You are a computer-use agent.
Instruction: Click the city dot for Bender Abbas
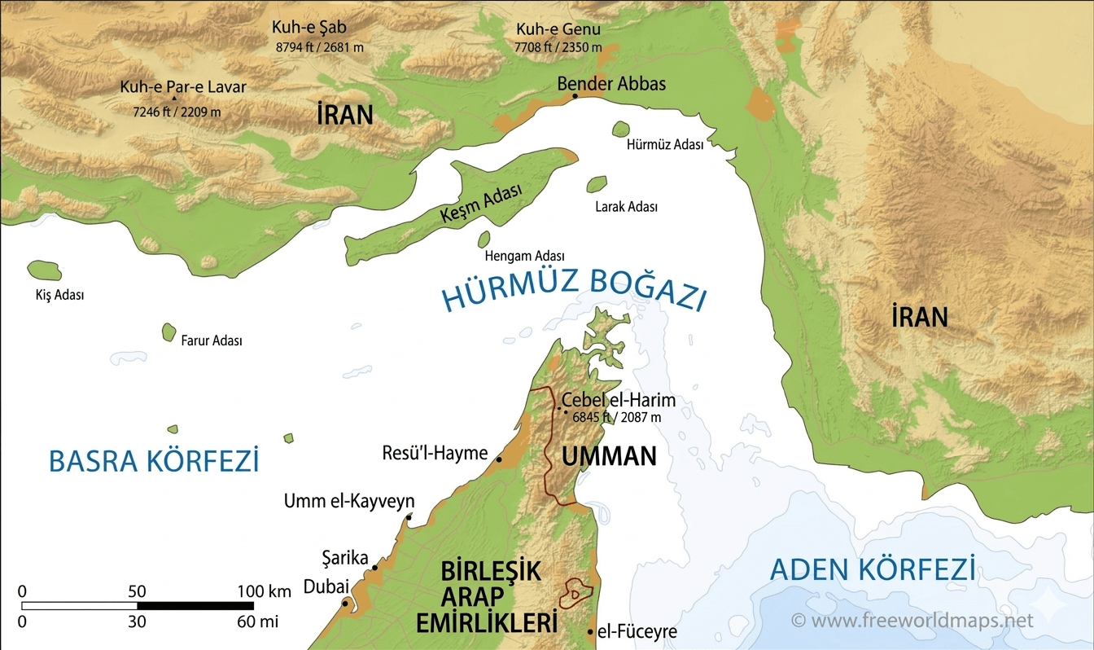(x=575, y=96)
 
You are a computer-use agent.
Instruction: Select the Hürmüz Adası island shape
(x=621, y=129)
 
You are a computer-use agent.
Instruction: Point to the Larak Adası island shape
(x=597, y=185)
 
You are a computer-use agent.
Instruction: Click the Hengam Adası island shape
(x=484, y=239)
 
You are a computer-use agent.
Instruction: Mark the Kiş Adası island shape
(x=44, y=270)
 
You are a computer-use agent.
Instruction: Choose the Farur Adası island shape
(x=168, y=332)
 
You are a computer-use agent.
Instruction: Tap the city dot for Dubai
(x=346, y=604)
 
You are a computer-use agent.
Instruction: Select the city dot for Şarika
(x=375, y=568)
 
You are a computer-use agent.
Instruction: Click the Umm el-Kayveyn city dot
(x=409, y=516)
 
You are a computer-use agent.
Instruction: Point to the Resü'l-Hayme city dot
(x=499, y=460)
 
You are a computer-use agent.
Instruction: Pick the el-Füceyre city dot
(x=590, y=631)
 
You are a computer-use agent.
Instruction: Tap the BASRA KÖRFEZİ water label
(x=154, y=461)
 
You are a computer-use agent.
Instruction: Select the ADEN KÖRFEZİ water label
(x=873, y=569)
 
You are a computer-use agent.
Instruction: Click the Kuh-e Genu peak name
(x=558, y=30)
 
